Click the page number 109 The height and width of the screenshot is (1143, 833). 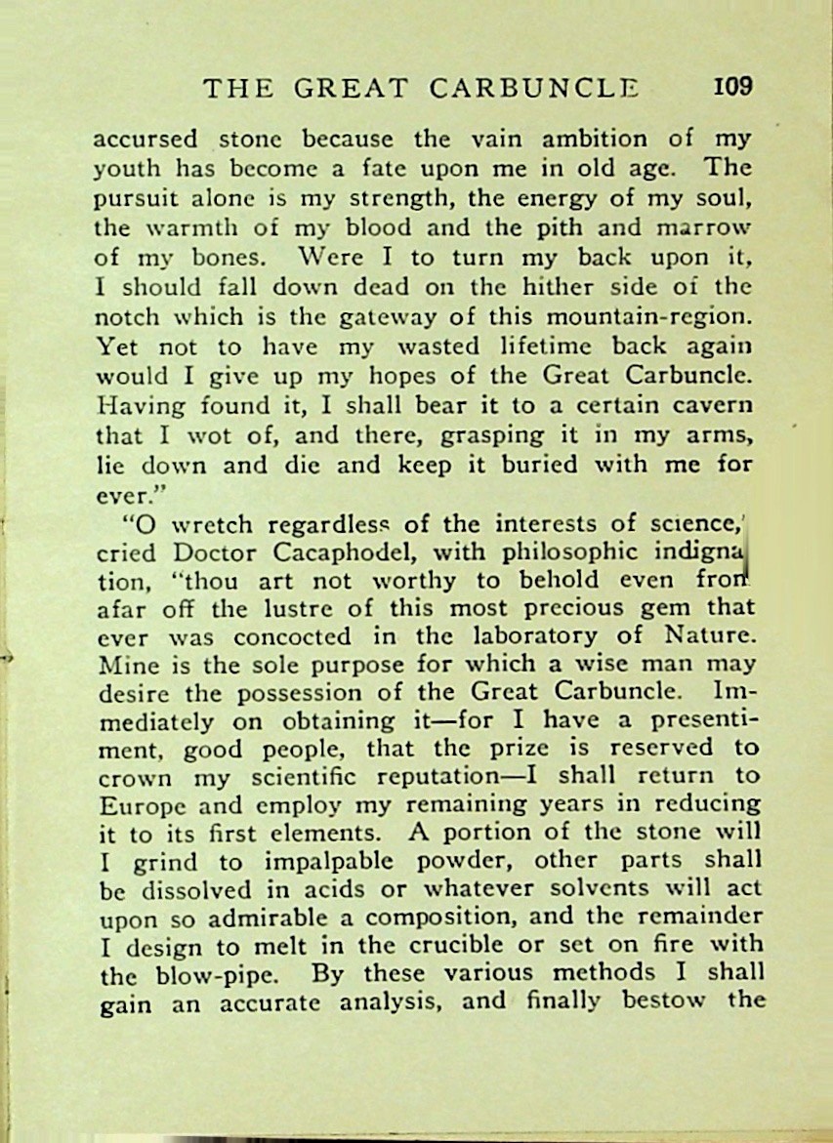733,86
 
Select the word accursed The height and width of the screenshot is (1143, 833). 146,139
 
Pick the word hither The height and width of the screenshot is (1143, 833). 574,288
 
